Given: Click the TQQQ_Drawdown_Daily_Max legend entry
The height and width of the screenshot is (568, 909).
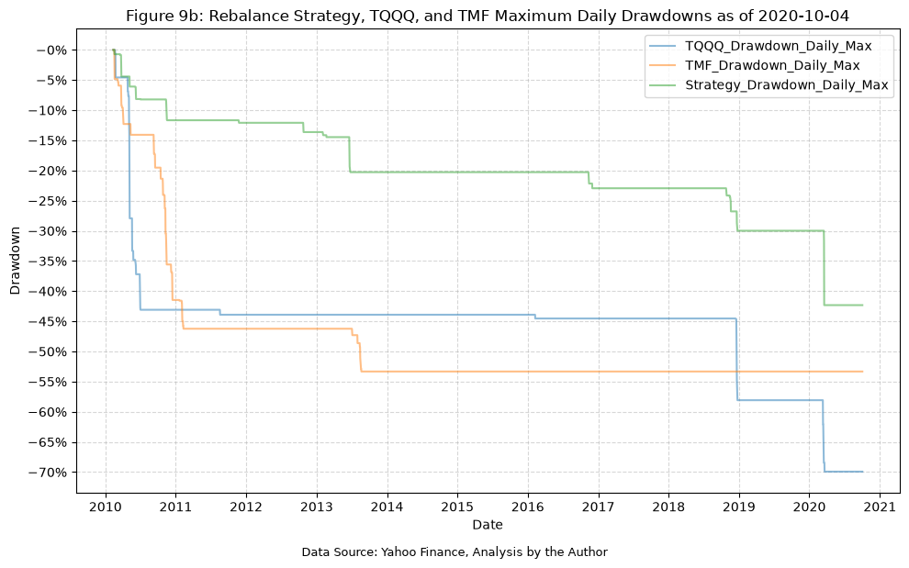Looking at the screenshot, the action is point(778,46).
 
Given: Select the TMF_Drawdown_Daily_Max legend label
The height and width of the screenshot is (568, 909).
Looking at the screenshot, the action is point(772,65).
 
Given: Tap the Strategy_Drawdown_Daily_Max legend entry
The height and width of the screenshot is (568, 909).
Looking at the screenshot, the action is point(787,84).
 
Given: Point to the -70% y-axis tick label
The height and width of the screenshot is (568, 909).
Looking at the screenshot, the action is point(51,473).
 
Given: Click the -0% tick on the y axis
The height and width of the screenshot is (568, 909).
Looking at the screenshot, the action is point(55,50).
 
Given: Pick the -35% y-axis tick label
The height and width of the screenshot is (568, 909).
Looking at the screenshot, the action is point(51,262).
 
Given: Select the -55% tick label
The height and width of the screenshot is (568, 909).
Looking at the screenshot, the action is point(51,382).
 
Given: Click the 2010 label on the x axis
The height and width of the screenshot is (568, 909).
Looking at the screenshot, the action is point(106,507).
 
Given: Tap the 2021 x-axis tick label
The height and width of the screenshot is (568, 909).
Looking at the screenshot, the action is point(880,507).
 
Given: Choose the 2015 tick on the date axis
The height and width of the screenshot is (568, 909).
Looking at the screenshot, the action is point(457,507).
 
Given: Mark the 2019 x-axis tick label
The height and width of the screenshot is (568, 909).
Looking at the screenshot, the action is point(739,507).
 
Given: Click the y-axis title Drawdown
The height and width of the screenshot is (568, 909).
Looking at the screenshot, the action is point(15,261).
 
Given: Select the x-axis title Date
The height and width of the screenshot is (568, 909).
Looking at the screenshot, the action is point(488,525).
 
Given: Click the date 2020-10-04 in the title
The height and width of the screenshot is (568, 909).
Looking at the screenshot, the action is point(803,16).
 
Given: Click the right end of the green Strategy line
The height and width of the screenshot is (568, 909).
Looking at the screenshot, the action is point(862,305).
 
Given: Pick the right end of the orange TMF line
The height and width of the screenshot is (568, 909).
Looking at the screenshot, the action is point(862,372).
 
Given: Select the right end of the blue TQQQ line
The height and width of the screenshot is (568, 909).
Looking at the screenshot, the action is point(862,472).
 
